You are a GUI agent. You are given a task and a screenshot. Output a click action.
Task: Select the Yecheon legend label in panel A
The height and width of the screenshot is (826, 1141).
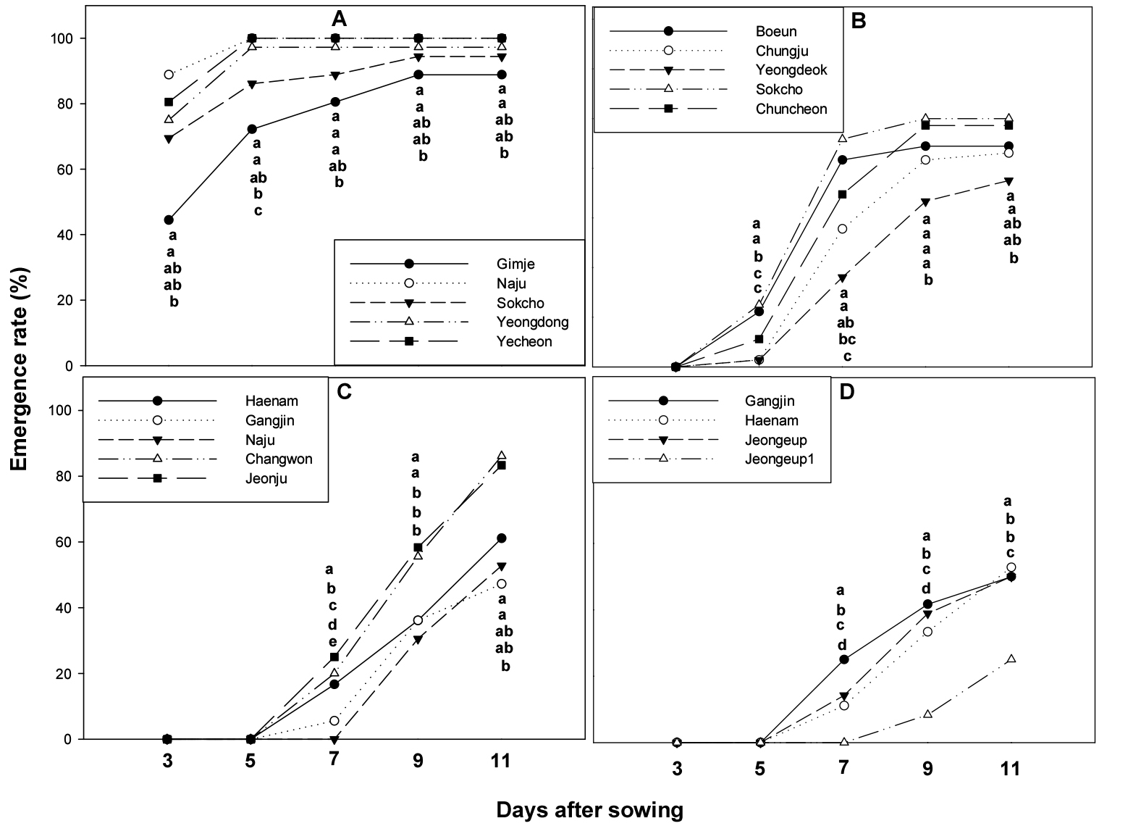point(523,341)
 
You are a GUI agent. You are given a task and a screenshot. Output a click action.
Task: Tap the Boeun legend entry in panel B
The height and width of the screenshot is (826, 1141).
point(775,32)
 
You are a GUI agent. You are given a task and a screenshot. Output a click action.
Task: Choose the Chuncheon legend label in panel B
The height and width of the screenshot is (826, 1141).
point(791,109)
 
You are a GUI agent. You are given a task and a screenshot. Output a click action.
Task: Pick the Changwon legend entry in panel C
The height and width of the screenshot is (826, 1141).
point(278,459)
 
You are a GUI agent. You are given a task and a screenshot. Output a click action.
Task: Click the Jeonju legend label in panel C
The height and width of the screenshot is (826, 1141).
point(266,478)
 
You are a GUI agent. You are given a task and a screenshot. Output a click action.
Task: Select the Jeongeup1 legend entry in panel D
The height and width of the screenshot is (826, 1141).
point(779,459)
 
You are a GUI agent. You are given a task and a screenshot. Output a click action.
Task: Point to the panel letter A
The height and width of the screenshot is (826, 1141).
point(339,20)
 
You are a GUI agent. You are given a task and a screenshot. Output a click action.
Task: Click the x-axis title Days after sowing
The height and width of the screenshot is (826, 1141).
point(589,810)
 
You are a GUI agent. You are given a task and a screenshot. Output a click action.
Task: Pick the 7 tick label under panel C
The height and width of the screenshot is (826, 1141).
point(334,761)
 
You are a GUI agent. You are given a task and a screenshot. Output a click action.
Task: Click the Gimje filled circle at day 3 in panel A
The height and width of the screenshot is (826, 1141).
point(169,220)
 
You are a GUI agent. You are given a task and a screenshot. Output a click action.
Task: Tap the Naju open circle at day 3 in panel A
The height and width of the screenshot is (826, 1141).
point(169,75)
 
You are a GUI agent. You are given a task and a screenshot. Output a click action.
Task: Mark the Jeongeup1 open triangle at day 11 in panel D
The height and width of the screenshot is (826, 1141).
point(1011,659)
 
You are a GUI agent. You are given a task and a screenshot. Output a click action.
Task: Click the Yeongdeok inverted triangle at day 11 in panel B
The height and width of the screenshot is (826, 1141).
point(1009,181)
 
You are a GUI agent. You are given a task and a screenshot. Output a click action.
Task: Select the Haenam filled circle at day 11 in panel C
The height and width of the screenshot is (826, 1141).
point(502,538)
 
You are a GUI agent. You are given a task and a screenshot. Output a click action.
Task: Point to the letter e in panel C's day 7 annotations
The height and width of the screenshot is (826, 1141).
point(333,641)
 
